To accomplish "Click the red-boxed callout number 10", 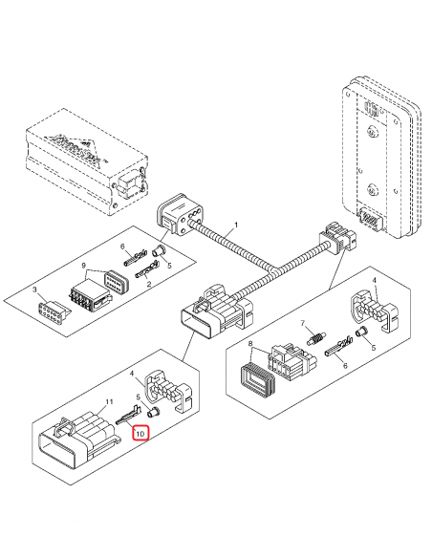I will click(141, 433).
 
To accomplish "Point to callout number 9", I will click(84, 265).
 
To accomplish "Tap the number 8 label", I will click(251, 343).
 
